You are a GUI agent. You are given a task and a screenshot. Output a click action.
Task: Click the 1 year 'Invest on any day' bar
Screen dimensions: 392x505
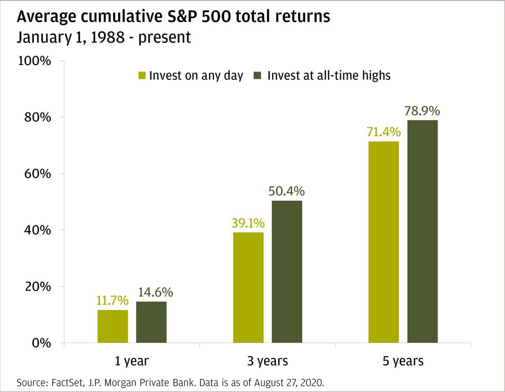(x=113, y=326)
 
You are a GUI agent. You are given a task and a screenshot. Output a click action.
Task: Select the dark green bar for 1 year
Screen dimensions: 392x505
(x=151, y=322)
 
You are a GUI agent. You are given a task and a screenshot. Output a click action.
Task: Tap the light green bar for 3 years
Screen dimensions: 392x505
(x=248, y=287)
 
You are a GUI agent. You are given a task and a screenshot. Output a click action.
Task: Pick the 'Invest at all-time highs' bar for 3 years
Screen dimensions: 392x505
(x=287, y=272)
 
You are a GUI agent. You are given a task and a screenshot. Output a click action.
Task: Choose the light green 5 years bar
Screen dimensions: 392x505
(x=383, y=242)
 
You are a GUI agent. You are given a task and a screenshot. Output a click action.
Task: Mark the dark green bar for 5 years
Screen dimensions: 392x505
(x=422, y=232)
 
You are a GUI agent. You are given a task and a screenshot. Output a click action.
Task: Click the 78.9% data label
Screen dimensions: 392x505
(x=422, y=111)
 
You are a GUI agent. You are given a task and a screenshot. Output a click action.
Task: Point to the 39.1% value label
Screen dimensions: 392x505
(x=248, y=223)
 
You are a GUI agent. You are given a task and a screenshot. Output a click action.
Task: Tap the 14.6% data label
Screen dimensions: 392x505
(x=155, y=292)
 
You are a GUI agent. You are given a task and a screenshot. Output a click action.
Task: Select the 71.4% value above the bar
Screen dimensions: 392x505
(x=383, y=132)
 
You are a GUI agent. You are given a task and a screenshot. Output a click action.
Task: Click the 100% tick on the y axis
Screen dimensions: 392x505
(x=35, y=61)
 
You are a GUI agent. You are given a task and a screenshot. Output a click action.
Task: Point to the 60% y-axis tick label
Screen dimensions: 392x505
(x=38, y=174)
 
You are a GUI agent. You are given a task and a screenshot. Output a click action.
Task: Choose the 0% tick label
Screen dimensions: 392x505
(x=41, y=343)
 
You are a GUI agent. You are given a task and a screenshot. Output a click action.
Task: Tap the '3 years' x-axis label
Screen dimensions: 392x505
(x=268, y=362)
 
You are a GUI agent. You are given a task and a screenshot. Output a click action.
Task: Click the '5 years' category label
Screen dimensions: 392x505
(x=403, y=362)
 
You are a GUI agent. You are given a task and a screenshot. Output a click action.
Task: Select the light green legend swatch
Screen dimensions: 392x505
(x=141, y=76)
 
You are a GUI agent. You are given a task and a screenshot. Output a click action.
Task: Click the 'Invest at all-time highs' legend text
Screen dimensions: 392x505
(x=329, y=76)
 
